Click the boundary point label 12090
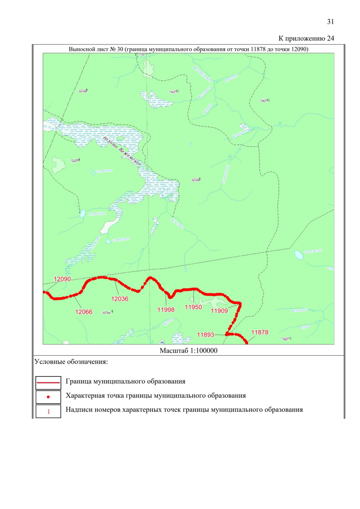tap(62, 279)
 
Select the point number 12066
tap(84, 312)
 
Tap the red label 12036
tap(120, 299)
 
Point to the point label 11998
tap(166, 310)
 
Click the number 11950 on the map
tap(193, 307)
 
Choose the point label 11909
tap(219, 311)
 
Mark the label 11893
tap(205, 335)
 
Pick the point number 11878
tap(260, 332)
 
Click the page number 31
tap(331, 22)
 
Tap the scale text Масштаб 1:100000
tap(188, 351)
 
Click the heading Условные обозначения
tap(71, 362)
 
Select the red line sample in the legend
tap(48, 383)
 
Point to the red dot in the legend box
tap(48, 397)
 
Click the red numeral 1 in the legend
tap(49, 412)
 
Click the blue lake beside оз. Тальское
tap(298, 255)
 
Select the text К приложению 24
tap(306, 38)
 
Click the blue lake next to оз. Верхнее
tap(108, 241)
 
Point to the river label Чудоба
tap(168, 322)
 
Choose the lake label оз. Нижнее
tap(104, 171)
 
